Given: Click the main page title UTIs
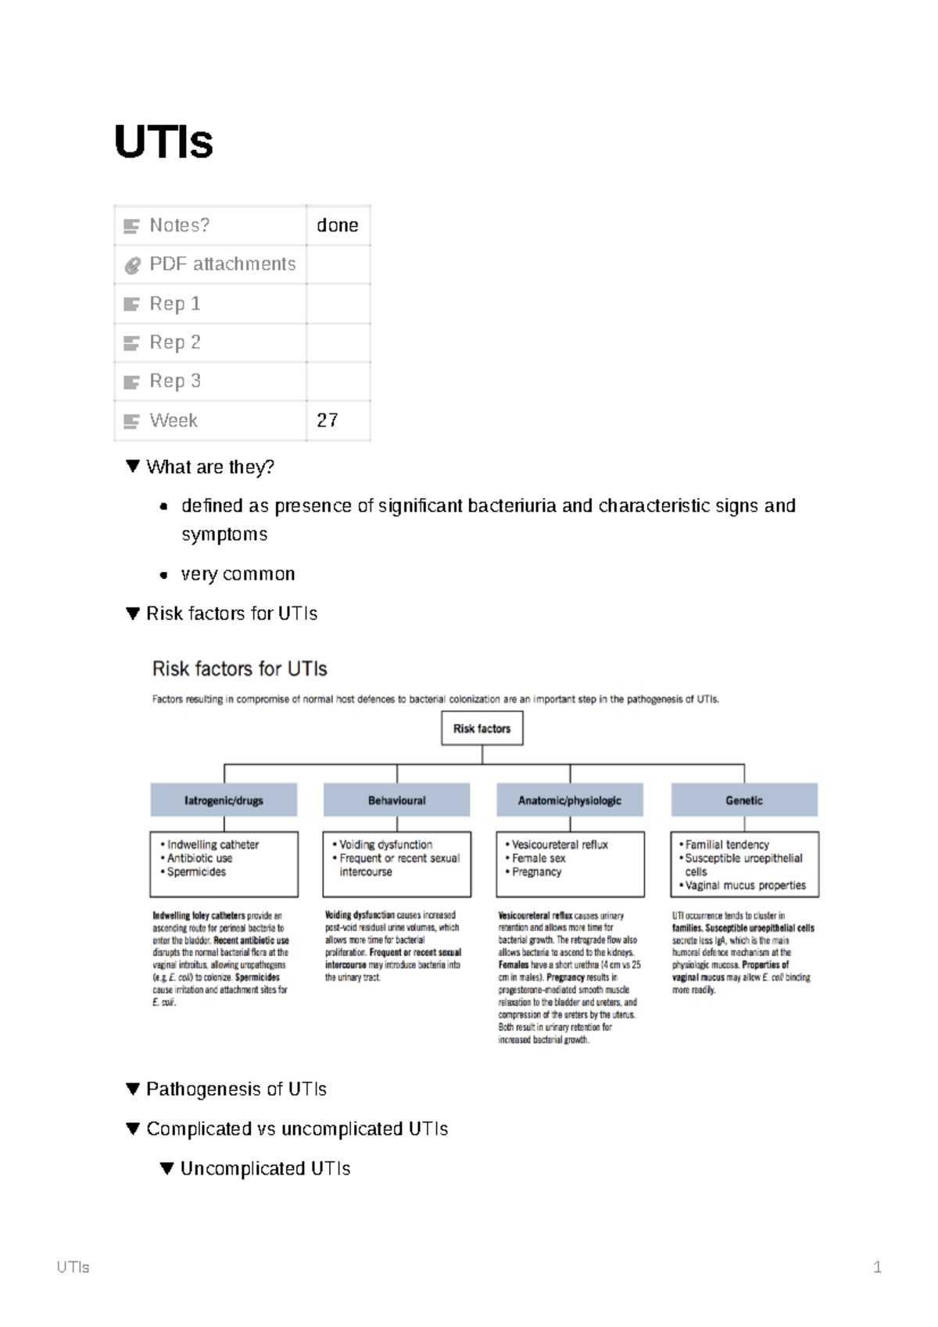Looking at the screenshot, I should point(163,142).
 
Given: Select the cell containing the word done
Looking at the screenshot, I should point(337,225).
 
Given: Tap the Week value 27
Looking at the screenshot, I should point(328,420).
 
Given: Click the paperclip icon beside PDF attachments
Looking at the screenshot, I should point(132,265).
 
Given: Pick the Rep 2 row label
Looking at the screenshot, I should point(175,342).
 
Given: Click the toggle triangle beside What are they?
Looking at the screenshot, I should point(132,466).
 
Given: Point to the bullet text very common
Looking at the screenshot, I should point(238,574).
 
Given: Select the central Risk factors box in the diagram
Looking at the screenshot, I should point(482,728).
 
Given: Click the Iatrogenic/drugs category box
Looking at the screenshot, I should point(224,800).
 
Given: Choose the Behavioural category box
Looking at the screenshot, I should point(396,800).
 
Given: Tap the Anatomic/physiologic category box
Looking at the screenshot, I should point(570,800).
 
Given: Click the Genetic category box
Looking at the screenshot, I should point(743,800).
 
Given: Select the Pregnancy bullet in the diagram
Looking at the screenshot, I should point(536,871).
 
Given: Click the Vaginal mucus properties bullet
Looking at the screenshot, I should point(745,885).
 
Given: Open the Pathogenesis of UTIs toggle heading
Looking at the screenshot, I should point(236,1089).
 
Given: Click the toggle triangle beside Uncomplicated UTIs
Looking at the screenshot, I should point(166,1168).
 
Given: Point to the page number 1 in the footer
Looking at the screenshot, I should point(877,1267).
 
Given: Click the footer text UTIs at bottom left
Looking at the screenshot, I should point(73,1267).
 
